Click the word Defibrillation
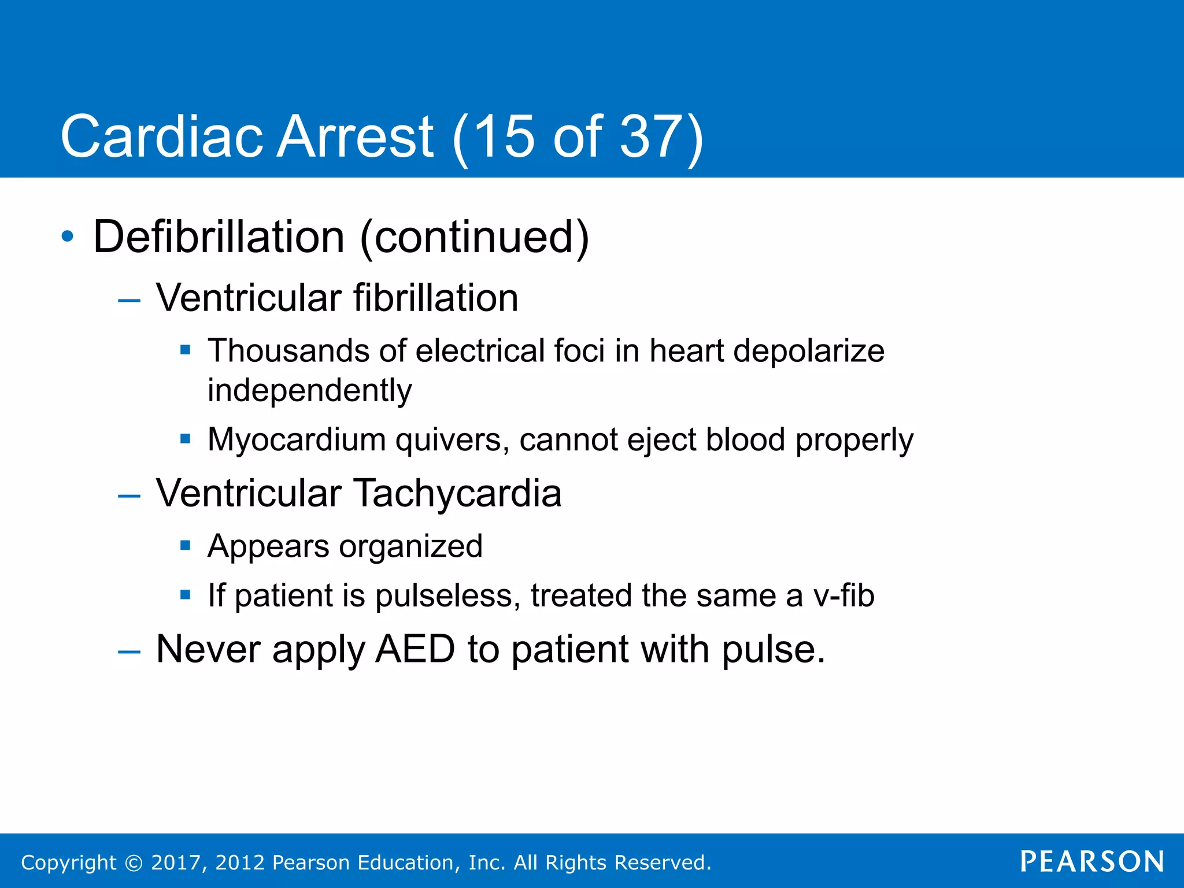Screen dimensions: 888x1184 pyautogui.click(x=219, y=237)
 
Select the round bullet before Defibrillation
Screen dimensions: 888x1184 pyautogui.click(x=68, y=236)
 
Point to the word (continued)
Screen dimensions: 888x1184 pyautogui.click(x=474, y=237)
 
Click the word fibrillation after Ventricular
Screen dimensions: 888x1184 pyautogui.click(x=435, y=298)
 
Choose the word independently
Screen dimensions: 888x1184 pyautogui.click(x=309, y=391)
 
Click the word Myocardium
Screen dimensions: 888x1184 pyautogui.click(x=297, y=439)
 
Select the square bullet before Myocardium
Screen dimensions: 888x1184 pyautogui.click(x=185, y=439)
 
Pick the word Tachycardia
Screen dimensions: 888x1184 pyautogui.click(x=457, y=494)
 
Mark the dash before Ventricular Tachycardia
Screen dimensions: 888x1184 pyautogui.click(x=129, y=496)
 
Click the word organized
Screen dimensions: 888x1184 pyautogui.click(x=410, y=546)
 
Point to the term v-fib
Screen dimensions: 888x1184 pyautogui.click(x=843, y=595)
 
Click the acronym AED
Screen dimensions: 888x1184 pyautogui.click(x=415, y=649)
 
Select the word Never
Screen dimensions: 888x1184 pyautogui.click(x=209, y=649)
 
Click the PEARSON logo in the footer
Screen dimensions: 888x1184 pyautogui.click(x=1091, y=862)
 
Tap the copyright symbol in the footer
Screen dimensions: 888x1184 pyautogui.click(x=134, y=863)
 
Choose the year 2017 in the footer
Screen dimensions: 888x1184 pyautogui.click(x=175, y=863)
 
